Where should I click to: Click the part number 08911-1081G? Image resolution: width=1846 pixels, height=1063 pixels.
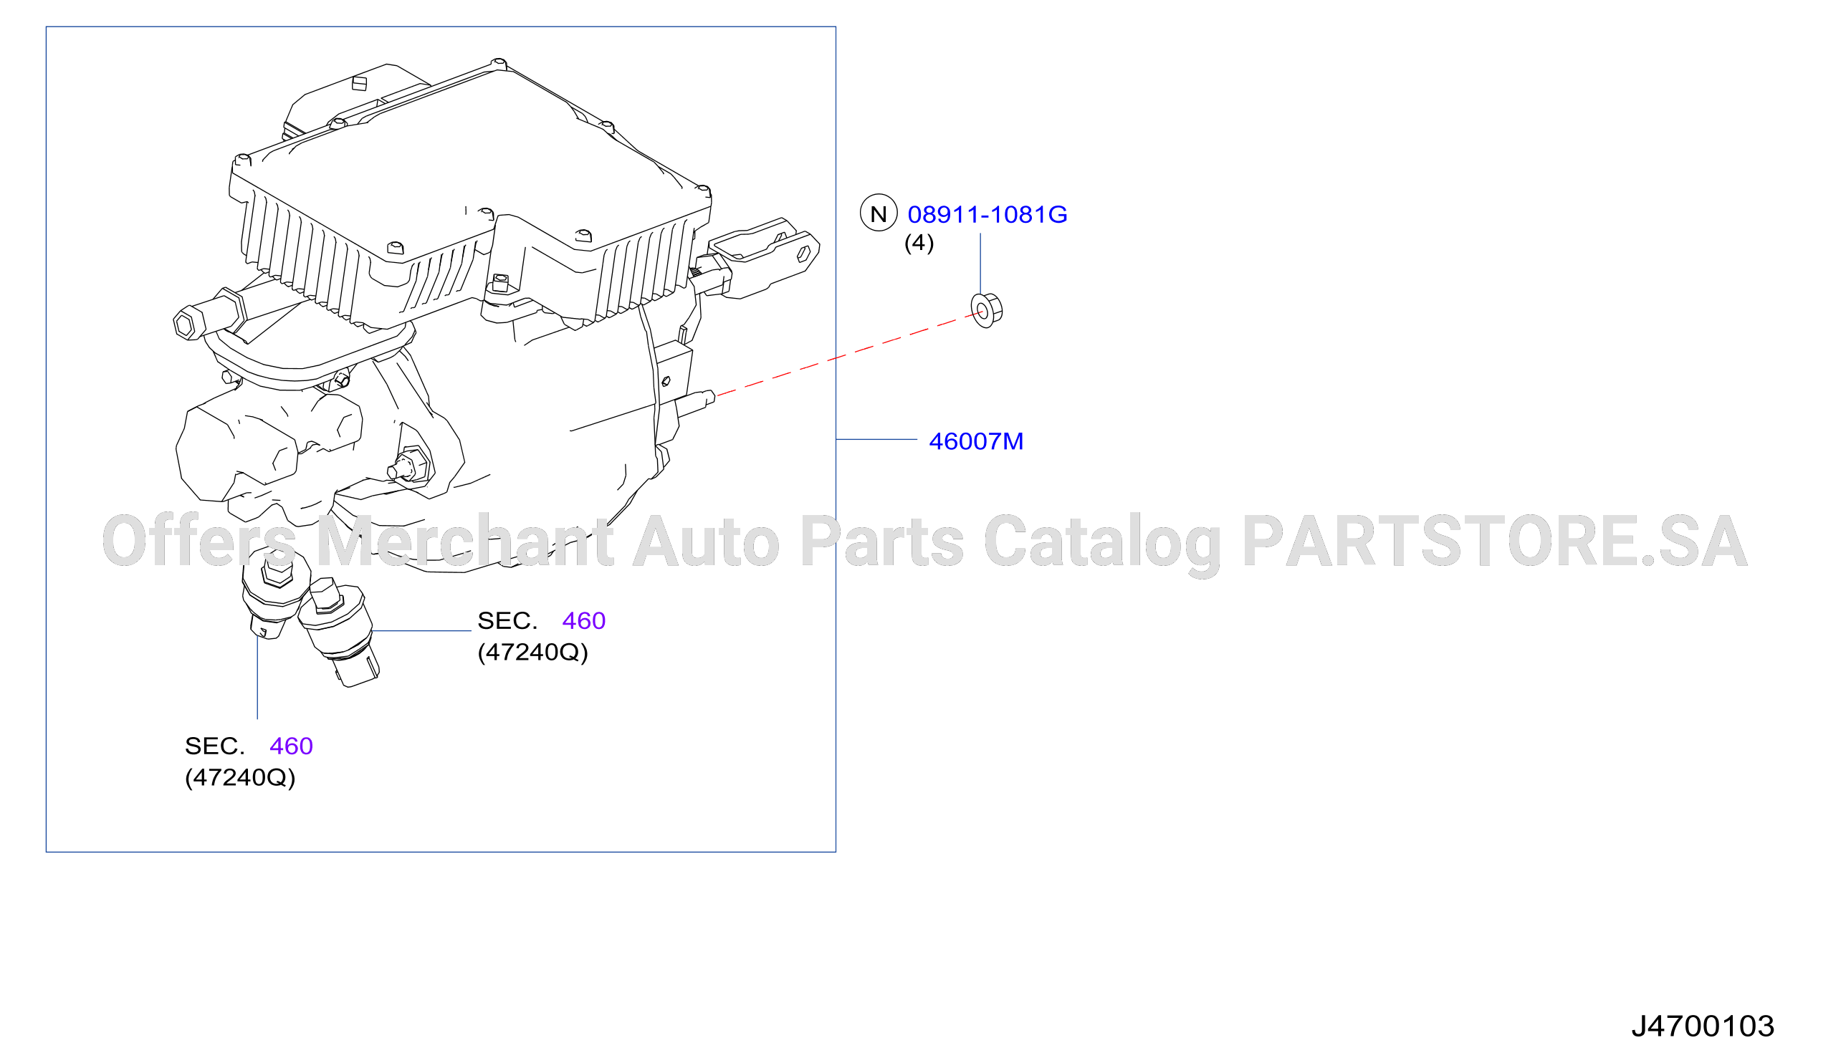tap(987, 214)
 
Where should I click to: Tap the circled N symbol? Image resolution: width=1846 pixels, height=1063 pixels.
tap(879, 213)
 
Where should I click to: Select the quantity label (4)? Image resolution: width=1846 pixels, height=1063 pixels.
tap(919, 243)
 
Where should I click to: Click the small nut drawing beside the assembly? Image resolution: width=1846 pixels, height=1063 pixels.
tap(987, 310)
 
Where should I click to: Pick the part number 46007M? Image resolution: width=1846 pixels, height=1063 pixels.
tap(975, 441)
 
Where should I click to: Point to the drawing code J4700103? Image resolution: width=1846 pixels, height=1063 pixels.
tap(1703, 1026)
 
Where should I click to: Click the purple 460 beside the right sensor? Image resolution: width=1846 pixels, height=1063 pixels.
tap(583, 620)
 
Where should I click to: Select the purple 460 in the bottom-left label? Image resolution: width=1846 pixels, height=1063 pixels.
tap(291, 746)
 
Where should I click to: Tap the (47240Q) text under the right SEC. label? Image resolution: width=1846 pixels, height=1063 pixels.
tap(532, 652)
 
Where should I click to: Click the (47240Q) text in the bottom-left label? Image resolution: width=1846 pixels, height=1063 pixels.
tap(239, 777)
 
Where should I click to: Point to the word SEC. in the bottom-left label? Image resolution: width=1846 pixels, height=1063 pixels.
tap(215, 746)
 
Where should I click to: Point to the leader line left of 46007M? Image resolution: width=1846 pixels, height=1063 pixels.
tap(876, 440)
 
